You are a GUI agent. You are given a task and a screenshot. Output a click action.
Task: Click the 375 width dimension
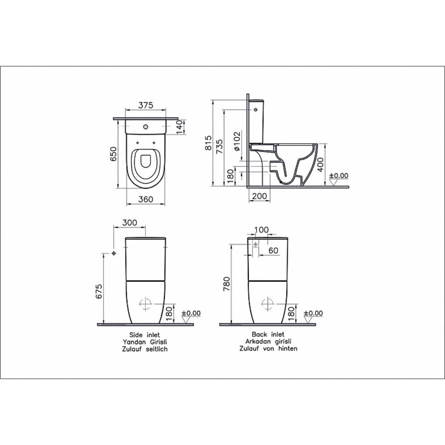(x=146, y=105)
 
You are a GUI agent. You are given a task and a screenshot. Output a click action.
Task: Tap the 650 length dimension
(x=113, y=154)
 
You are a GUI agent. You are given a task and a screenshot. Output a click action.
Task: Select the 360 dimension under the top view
(x=146, y=199)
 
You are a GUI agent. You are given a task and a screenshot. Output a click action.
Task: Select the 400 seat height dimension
(x=320, y=165)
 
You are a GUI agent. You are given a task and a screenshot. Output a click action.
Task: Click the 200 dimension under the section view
(x=259, y=196)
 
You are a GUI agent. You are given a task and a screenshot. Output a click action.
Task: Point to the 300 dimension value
(x=129, y=223)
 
